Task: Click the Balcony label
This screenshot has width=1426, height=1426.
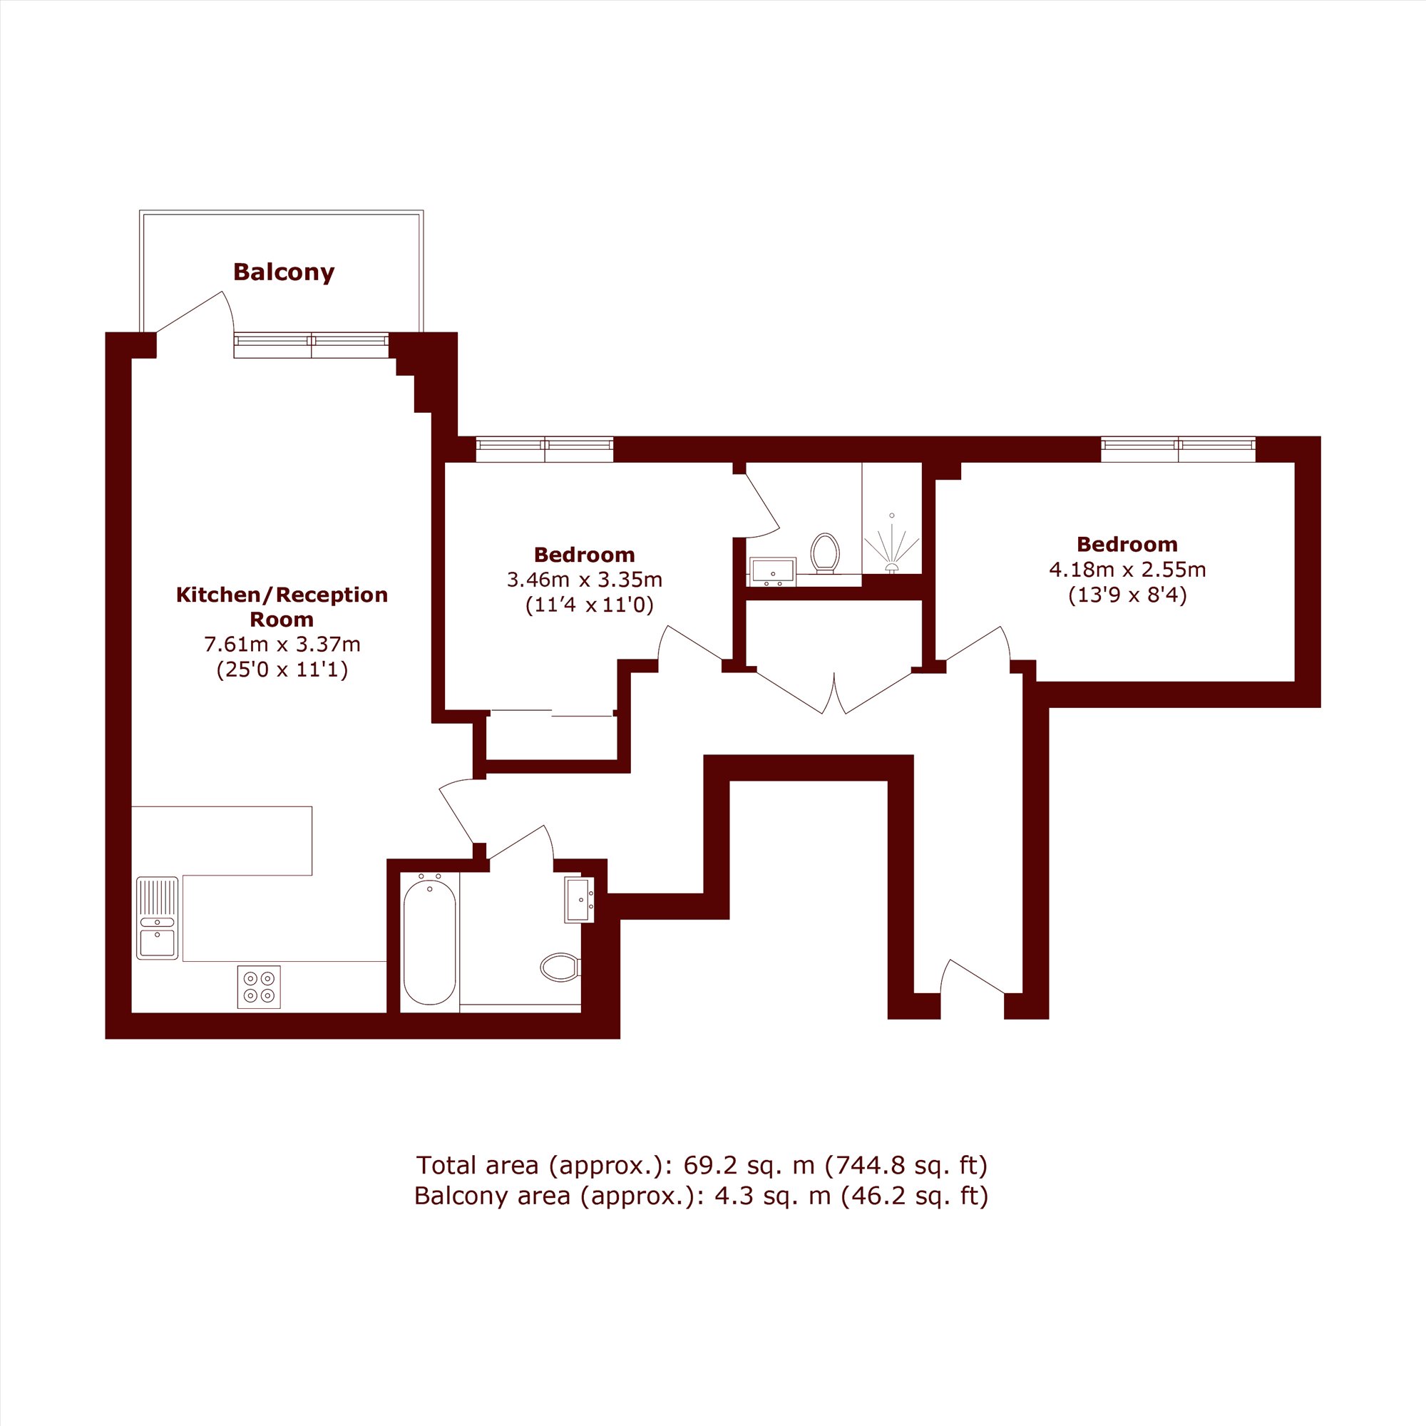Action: click(x=284, y=272)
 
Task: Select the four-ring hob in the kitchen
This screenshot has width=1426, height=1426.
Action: click(x=259, y=987)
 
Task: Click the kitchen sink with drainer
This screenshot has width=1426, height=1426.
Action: click(x=157, y=918)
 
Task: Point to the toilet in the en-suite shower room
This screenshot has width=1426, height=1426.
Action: click(x=825, y=553)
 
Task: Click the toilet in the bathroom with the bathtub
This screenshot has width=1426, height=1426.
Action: click(x=561, y=967)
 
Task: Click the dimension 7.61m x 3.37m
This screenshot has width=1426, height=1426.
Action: click(x=282, y=645)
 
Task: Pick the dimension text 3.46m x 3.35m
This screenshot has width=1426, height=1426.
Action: click(x=585, y=580)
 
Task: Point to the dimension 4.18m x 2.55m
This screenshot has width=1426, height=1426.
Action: click(x=1128, y=569)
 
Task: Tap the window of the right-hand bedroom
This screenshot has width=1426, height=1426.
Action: click(x=1178, y=448)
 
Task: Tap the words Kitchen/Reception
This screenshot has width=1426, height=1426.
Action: click(x=282, y=595)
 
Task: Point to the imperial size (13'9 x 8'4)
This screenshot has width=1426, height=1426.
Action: click(x=1128, y=595)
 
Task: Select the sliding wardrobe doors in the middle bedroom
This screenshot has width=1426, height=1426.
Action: click(x=553, y=712)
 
